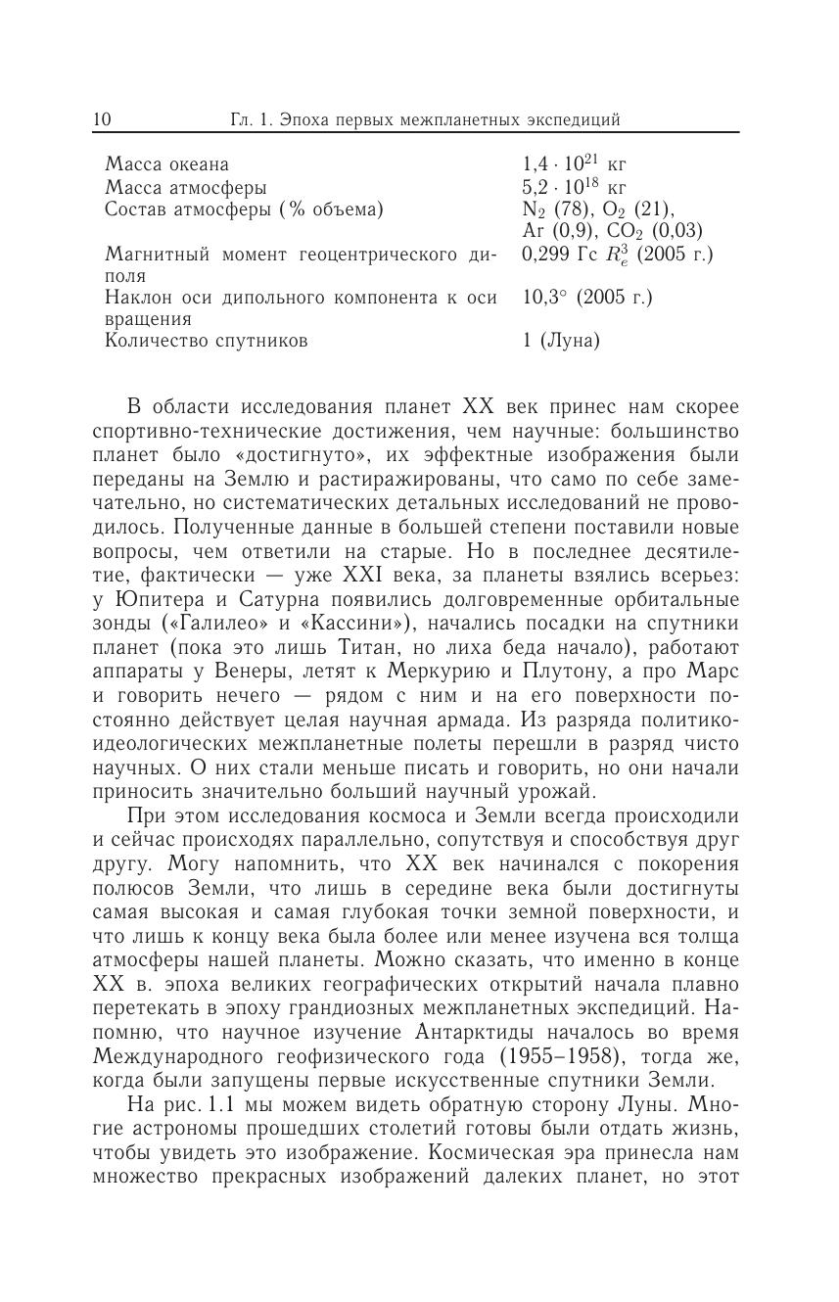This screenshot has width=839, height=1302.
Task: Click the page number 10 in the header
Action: click(x=103, y=120)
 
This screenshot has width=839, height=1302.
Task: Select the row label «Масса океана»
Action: click(x=167, y=164)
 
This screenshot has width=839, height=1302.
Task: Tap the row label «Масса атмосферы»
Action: click(x=186, y=187)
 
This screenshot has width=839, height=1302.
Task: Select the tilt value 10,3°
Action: click(x=541, y=297)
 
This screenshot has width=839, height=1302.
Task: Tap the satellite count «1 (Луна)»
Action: click(x=561, y=341)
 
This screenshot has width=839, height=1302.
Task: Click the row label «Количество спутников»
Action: click(x=207, y=341)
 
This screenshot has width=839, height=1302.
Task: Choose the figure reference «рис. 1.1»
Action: click(x=196, y=1104)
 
